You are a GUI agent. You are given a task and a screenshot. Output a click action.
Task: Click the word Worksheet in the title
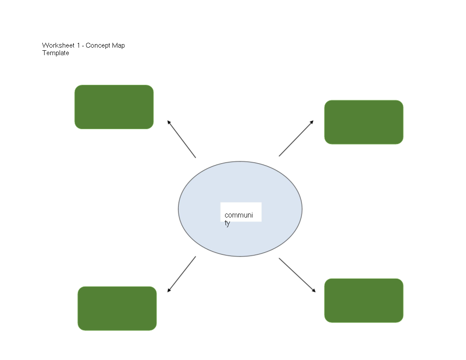pyautogui.click(x=58, y=45)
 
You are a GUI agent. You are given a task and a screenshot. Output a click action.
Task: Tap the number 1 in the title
pyautogui.click(x=79, y=45)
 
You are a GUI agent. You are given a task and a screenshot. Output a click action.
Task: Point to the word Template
pyautogui.click(x=56, y=53)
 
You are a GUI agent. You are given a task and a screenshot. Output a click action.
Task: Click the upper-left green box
pyautogui.click(x=114, y=107)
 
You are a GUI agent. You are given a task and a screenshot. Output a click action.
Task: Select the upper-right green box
pyautogui.click(x=364, y=122)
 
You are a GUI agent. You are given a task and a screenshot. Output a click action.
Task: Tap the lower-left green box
pyautogui.click(x=117, y=308)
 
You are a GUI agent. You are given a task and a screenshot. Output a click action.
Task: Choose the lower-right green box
pyautogui.click(x=364, y=300)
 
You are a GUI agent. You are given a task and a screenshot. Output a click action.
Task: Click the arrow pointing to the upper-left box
pyautogui.click(x=181, y=139)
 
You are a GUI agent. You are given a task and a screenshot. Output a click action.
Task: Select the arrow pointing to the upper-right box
pyautogui.click(x=296, y=138)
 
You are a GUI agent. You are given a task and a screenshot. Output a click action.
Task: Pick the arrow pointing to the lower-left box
pyautogui.click(x=181, y=274)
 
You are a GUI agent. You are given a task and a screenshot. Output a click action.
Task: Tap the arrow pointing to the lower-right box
pyautogui.click(x=297, y=275)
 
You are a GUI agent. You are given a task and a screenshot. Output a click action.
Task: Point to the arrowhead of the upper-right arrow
pyautogui.click(x=312, y=122)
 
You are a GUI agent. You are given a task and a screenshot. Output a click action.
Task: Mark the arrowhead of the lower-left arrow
pyautogui.click(x=169, y=290)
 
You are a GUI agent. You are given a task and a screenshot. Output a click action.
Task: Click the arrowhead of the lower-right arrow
pyautogui.click(x=314, y=291)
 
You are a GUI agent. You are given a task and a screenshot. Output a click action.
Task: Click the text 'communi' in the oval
pyautogui.click(x=239, y=215)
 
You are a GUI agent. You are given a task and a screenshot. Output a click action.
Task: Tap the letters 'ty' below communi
pyautogui.click(x=227, y=223)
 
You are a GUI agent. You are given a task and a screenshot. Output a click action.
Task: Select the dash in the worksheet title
pyautogui.click(x=83, y=46)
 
